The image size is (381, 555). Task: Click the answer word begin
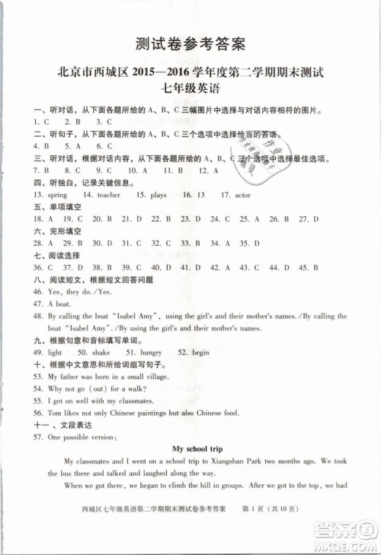(200, 353)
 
